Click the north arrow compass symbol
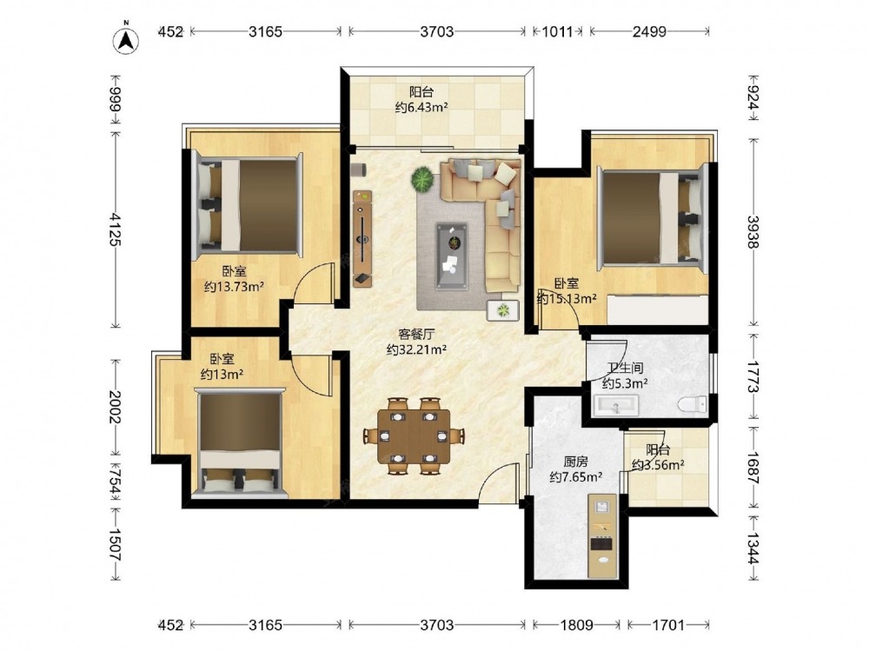[x=126, y=40]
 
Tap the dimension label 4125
[x=116, y=229]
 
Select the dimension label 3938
[x=753, y=231]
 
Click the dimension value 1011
[x=557, y=31]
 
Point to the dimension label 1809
[x=577, y=625]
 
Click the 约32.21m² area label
[x=416, y=349]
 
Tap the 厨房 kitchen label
[x=576, y=462]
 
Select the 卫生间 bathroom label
[x=625, y=368]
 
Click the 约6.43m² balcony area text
[x=421, y=107]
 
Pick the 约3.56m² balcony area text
[x=657, y=465]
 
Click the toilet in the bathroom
[x=693, y=403]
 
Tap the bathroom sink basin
[x=616, y=406]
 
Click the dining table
[x=415, y=436]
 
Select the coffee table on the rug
[x=452, y=256]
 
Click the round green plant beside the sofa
[x=422, y=180]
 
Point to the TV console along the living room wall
[x=362, y=239]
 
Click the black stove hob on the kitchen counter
[x=601, y=543]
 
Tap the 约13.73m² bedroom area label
[x=233, y=287]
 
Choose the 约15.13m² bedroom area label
[x=567, y=298]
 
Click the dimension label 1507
[x=116, y=544]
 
